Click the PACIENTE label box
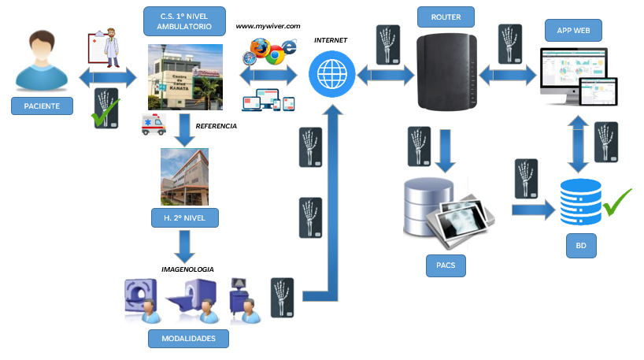pyautogui.click(x=42, y=106)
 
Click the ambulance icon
pyautogui.click(x=153, y=124)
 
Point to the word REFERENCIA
pyautogui.click(x=216, y=125)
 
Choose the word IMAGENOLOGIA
pyautogui.click(x=187, y=269)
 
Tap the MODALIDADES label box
pyautogui.click(x=188, y=339)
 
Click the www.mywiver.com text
pyautogui.click(x=268, y=26)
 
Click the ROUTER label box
pyautogui.click(x=446, y=17)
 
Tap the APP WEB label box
pyautogui.click(x=574, y=31)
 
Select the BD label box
pyautogui.click(x=580, y=246)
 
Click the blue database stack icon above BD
pyautogui.click(x=581, y=202)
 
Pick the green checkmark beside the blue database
pyautogui.click(x=617, y=202)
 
